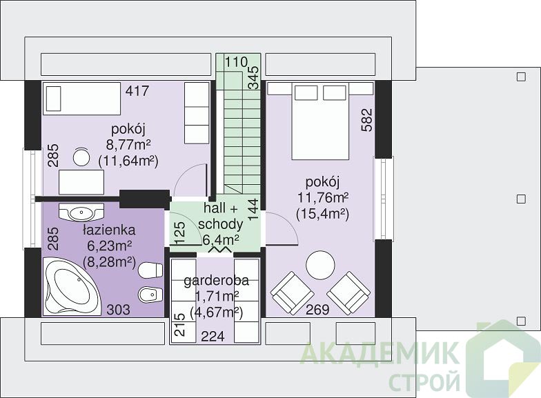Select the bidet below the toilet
(150, 295)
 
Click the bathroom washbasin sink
(81, 213)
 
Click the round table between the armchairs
(320, 265)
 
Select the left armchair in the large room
(293, 293)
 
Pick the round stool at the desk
(81, 157)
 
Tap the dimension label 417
(137, 91)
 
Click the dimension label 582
(368, 120)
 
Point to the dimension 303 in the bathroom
(119, 309)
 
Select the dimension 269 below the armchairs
(317, 309)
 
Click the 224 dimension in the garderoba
(213, 335)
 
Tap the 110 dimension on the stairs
(236, 62)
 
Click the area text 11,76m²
(323, 198)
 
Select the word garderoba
(217, 281)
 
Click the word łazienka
(109, 230)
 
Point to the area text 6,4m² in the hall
(221, 239)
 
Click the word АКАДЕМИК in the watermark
(380, 353)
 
